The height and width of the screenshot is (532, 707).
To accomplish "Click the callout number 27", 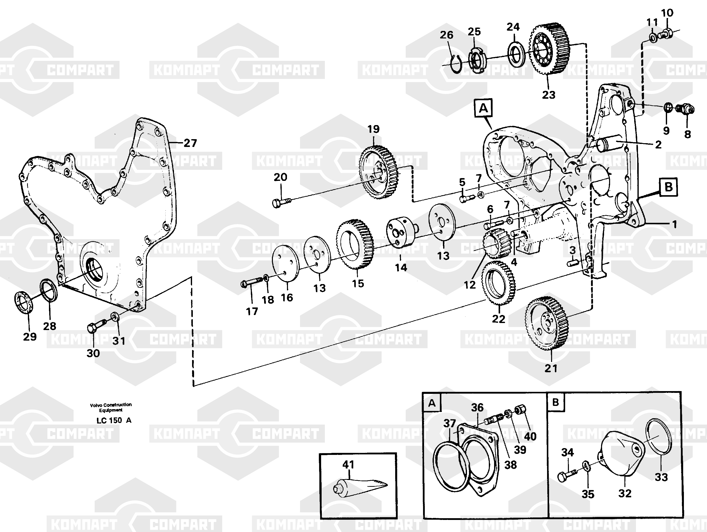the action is click(x=190, y=143).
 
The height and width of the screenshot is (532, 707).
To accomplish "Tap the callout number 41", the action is click(x=348, y=464).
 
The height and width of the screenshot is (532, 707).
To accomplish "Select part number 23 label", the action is click(x=549, y=95).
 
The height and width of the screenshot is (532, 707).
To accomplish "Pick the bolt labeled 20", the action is click(x=282, y=202).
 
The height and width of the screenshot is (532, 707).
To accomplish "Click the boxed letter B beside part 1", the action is click(x=668, y=187).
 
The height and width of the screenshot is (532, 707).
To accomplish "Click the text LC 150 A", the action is click(x=114, y=420).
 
